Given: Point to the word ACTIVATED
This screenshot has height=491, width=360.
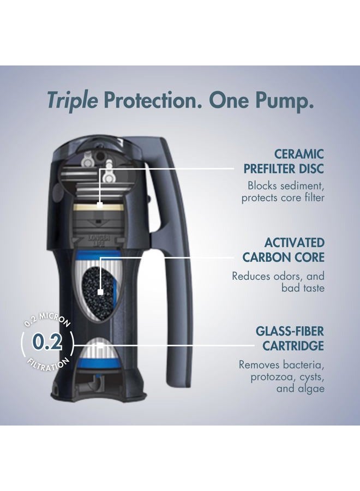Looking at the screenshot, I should click(x=295, y=242).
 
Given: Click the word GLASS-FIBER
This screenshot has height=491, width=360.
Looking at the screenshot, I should click(x=290, y=331).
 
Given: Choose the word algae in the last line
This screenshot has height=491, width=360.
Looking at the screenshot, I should click(x=311, y=389).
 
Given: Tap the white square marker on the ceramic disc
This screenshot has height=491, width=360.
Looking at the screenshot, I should click(x=100, y=205).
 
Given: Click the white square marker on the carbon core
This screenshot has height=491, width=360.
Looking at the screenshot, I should click(x=100, y=292).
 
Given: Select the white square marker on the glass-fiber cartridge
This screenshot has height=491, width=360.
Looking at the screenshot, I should click(x=100, y=345).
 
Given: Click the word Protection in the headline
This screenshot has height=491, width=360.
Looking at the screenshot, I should click(x=155, y=100).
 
